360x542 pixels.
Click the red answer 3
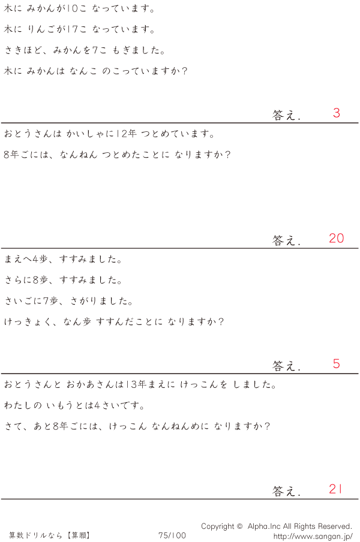(x=336, y=113)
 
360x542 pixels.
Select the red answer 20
(x=336, y=238)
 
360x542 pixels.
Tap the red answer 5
(x=336, y=363)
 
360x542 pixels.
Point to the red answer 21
(x=335, y=489)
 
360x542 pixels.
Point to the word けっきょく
(x=28, y=322)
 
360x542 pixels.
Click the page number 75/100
(x=172, y=535)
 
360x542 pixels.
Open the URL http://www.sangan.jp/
(x=313, y=535)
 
